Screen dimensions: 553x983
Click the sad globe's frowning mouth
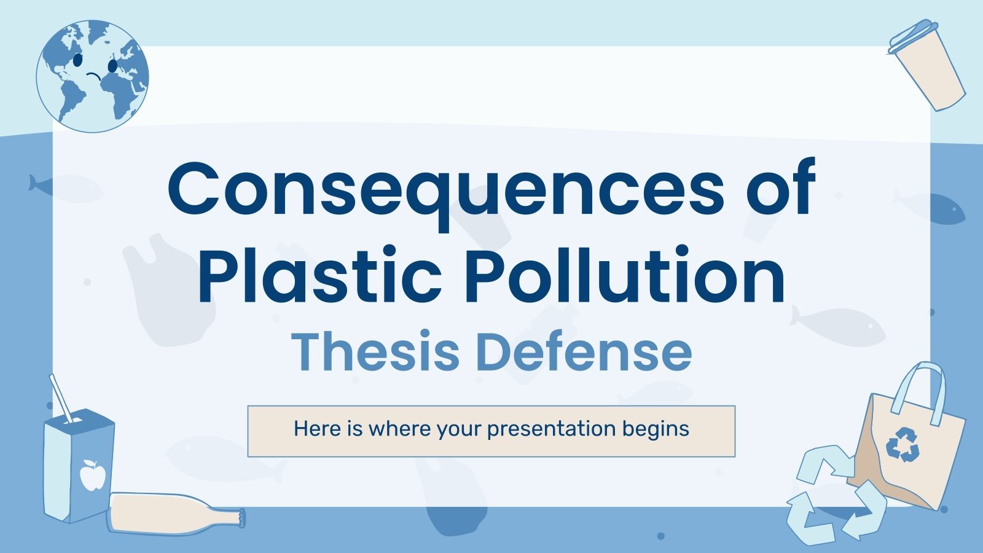click(x=94, y=76)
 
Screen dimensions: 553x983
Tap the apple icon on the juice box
click(x=92, y=474)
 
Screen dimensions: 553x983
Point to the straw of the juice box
click(x=61, y=397)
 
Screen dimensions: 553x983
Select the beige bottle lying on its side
click(x=175, y=513)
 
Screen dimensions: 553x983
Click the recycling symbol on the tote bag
click(x=902, y=445)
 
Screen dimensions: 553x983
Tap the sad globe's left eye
click(x=78, y=61)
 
